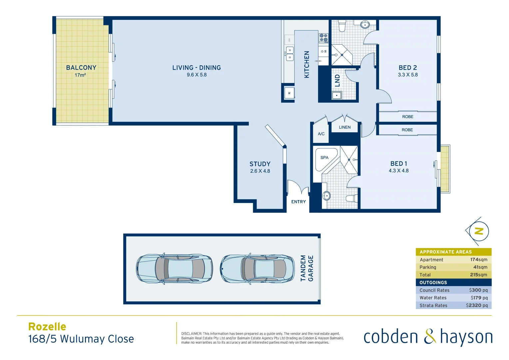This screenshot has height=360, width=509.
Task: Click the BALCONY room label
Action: [x=81, y=68]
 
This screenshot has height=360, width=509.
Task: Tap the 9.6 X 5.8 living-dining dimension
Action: [x=197, y=75]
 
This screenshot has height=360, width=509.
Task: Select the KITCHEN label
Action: [x=307, y=64]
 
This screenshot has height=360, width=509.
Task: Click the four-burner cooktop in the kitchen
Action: [x=323, y=38]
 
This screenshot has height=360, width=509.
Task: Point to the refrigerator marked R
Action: [x=289, y=93]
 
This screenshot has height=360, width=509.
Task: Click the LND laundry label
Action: [x=337, y=80]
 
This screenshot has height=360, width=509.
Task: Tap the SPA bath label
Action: [x=324, y=158]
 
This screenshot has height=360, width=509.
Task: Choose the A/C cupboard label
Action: [x=321, y=134]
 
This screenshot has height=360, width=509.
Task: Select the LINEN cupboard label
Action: [x=345, y=127]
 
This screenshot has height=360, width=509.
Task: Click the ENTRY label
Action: [x=298, y=202]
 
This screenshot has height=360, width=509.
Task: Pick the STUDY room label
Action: [x=260, y=164]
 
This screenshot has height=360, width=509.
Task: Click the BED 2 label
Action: [x=408, y=68]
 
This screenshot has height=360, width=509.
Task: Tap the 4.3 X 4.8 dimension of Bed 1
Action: [x=398, y=171]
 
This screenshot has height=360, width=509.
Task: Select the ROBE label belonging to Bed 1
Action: [x=407, y=130]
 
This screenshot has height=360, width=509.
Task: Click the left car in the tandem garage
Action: [x=174, y=269]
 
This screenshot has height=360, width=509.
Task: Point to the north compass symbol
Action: [x=479, y=231]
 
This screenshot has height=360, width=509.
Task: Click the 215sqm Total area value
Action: [x=478, y=275]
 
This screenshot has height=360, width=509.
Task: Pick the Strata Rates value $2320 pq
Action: [x=477, y=305]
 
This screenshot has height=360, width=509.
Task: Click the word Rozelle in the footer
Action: [x=47, y=327]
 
